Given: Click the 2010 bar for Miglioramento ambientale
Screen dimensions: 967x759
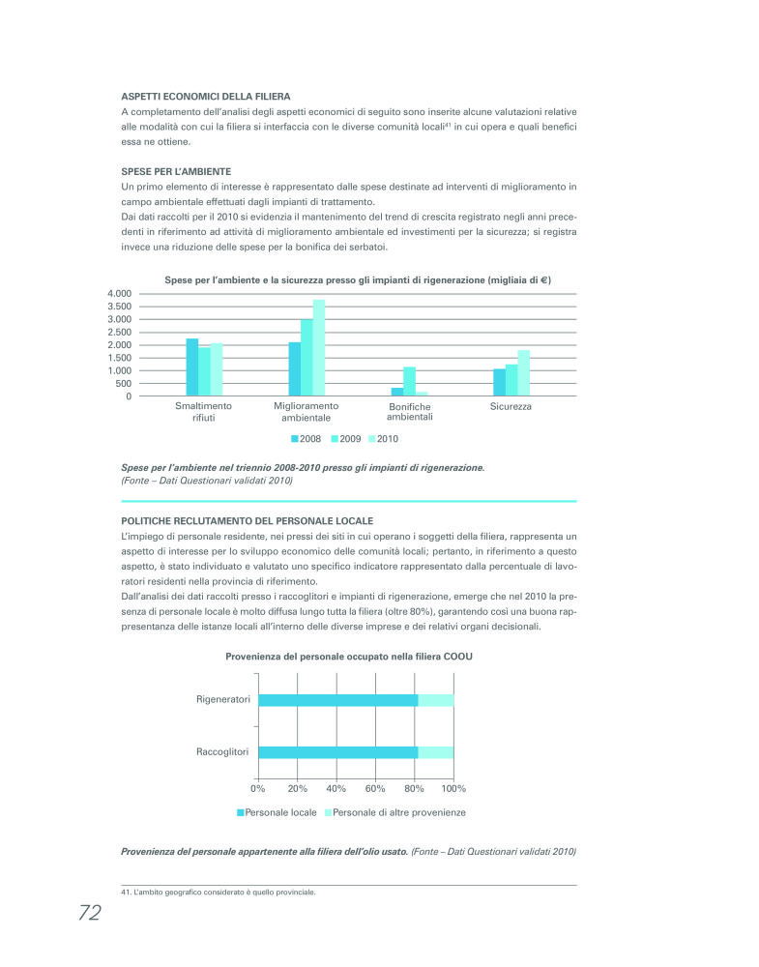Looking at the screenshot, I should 318,348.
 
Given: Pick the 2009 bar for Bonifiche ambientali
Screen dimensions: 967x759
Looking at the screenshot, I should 409,381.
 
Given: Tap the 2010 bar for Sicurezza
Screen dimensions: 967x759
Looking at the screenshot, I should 523,373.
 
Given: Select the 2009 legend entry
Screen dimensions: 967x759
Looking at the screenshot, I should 345,439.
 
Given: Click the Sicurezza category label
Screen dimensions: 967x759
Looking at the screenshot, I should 511,407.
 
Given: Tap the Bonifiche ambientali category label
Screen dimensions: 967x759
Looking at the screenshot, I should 409,412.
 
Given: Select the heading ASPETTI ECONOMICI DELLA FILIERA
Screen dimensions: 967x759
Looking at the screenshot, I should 205,96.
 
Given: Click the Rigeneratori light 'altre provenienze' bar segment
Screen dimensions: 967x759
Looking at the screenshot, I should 435,700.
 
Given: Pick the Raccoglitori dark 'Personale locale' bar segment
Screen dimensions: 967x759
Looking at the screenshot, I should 337,752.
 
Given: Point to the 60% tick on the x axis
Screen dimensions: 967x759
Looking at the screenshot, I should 375,789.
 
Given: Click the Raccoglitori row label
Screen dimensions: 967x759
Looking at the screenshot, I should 221,752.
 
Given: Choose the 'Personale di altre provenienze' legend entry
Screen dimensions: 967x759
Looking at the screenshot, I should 394,812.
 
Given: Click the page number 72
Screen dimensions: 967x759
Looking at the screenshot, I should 89,914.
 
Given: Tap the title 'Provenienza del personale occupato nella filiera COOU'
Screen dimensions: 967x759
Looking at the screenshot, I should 349,657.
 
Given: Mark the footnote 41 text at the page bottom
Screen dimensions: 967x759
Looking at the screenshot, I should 219,893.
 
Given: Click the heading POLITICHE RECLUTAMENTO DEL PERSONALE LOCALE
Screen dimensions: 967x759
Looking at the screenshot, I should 247,520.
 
